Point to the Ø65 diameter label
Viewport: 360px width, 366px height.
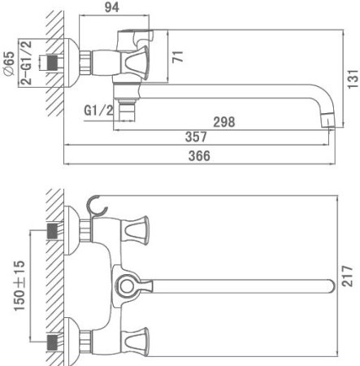tap(8, 60)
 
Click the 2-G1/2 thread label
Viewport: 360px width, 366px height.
tap(26, 60)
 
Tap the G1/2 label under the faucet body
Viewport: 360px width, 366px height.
tap(98, 110)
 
